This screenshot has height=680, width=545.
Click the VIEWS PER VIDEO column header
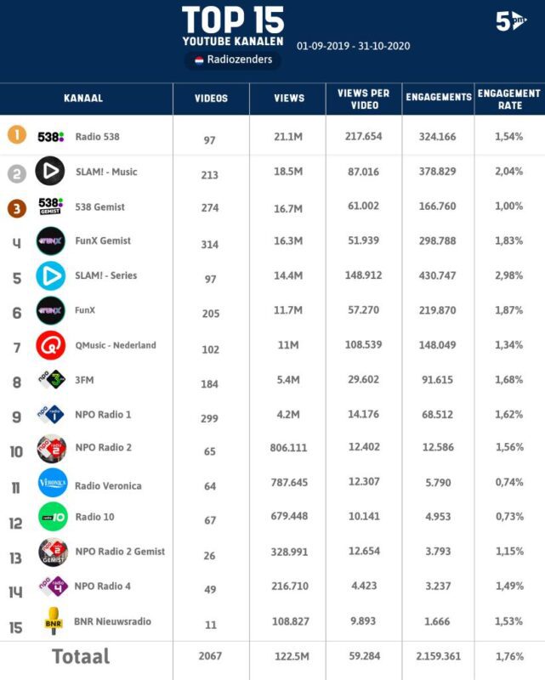pos(364,99)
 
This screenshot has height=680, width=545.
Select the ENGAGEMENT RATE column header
pos(509,99)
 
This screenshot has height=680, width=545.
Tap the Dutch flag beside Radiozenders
pos(199,59)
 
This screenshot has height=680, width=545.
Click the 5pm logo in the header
pos(511,20)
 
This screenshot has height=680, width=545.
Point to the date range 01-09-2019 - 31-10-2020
pos(353,46)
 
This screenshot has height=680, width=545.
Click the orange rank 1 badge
pos(17,135)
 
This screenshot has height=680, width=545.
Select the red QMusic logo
pos(51,345)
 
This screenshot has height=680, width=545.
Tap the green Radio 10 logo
pos(53,517)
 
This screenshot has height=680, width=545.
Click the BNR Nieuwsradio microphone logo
pos(54,621)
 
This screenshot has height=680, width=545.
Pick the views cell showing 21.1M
pos(288,137)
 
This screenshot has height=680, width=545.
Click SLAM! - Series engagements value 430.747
pos(437,275)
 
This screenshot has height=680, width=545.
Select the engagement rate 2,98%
pos(509,275)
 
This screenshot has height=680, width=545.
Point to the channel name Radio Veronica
pos(108,485)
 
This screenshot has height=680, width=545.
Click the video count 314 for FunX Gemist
pos(209,245)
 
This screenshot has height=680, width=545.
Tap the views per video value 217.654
pos(364,136)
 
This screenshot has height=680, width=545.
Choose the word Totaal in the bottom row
pos(81,656)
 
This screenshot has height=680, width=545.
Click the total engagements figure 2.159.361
pos(438,656)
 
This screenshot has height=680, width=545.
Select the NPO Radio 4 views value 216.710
pos(290,586)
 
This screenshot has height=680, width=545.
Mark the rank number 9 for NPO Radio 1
pos(16,416)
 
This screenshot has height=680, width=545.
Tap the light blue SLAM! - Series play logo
pos(51,275)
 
